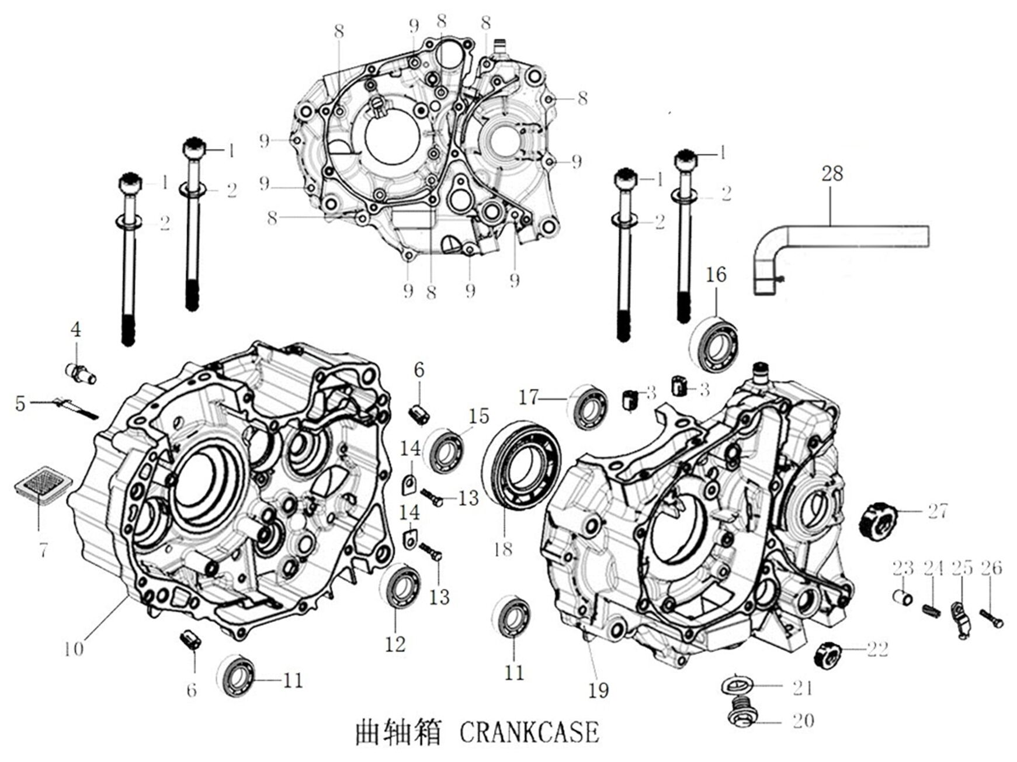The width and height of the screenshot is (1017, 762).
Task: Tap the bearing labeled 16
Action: click(x=714, y=344)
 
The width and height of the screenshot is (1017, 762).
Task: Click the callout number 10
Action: click(x=74, y=649)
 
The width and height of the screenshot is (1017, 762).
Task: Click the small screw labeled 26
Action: click(x=991, y=615)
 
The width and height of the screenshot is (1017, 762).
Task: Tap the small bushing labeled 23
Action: click(x=903, y=597)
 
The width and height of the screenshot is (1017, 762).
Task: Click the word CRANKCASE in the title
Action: click(x=530, y=733)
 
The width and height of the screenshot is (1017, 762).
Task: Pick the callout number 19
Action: click(x=599, y=690)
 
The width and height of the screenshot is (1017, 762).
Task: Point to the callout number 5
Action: click(x=20, y=403)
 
